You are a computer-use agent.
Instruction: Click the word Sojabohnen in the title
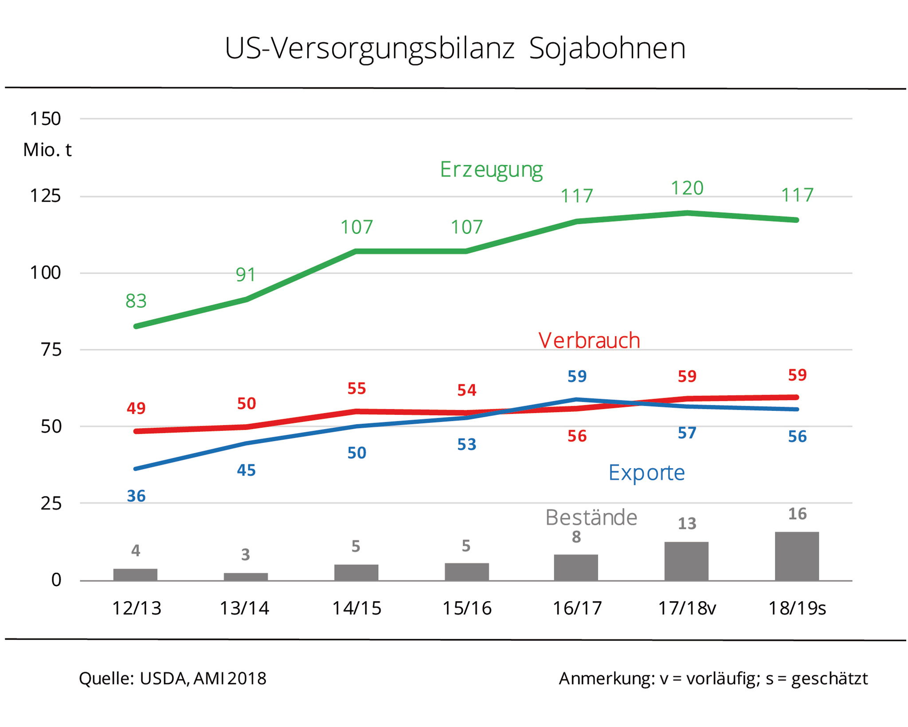607,49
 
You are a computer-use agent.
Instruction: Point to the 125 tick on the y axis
45,196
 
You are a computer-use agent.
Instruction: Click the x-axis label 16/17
577,608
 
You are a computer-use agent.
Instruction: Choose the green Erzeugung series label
491,170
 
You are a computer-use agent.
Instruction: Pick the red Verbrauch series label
589,341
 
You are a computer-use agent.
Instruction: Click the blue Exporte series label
646,473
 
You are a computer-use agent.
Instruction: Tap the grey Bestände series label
591,517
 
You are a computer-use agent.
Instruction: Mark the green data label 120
687,188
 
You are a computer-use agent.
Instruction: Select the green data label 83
136,301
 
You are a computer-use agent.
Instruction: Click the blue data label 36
136,496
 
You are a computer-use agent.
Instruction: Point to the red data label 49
136,408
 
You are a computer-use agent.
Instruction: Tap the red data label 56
577,436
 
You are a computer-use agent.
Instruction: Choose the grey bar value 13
687,524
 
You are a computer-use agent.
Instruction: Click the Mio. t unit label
47,150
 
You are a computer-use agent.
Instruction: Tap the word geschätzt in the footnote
829,679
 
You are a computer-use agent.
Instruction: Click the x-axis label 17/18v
687,608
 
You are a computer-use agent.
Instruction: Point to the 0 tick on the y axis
56,580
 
